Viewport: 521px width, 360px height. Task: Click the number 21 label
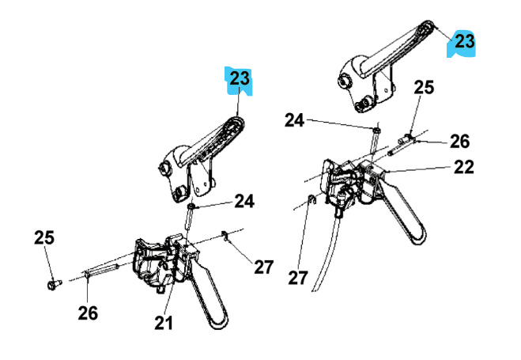click(x=164, y=322)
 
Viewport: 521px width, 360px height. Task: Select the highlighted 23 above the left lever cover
click(x=240, y=80)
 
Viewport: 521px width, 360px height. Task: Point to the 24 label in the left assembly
click(x=244, y=202)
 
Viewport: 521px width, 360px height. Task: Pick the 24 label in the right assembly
click(x=294, y=120)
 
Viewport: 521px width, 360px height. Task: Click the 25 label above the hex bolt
click(x=43, y=237)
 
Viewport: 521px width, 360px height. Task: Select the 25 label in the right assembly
click(x=425, y=87)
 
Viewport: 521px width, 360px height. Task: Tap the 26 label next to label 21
click(x=87, y=313)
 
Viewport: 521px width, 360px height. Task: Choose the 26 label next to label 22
click(x=459, y=142)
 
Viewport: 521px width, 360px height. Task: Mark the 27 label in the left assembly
click(x=262, y=267)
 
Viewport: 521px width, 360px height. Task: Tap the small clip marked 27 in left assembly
click(x=225, y=236)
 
